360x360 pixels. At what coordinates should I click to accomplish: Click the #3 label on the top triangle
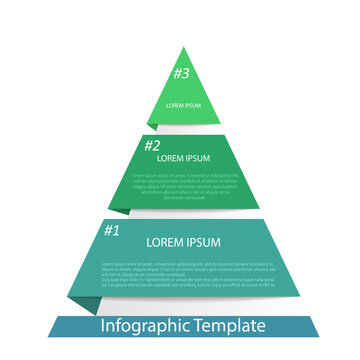tap(181, 73)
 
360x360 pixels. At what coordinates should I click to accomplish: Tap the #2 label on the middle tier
tap(152, 145)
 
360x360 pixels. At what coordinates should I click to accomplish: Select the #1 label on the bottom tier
tap(112, 229)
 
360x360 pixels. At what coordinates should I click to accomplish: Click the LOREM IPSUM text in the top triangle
tap(183, 105)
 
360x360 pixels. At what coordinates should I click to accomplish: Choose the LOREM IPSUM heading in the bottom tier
tap(182, 242)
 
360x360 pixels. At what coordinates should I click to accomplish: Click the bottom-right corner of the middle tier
tap(260, 207)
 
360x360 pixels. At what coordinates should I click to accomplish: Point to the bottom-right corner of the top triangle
tap(221, 124)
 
